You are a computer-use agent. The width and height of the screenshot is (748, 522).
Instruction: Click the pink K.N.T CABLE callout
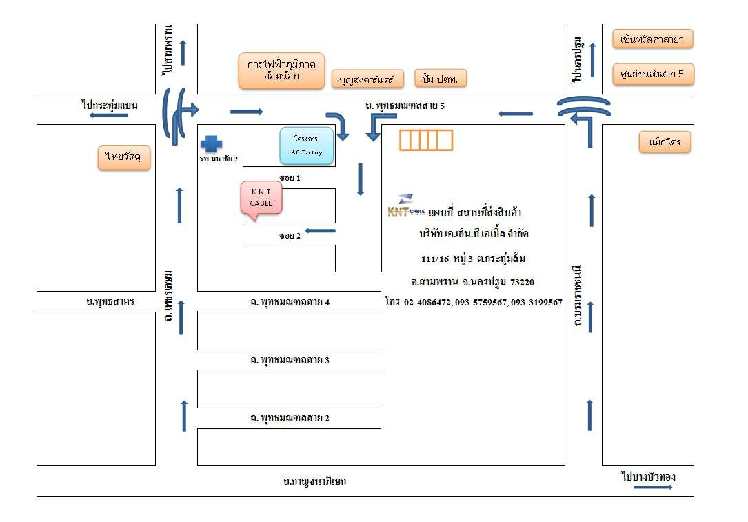[261, 198]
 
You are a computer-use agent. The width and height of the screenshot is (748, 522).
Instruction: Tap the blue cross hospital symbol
[211, 143]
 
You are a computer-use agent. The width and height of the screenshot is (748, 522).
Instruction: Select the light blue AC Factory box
[306, 145]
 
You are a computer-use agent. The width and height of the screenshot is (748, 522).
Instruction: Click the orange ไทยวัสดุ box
[124, 157]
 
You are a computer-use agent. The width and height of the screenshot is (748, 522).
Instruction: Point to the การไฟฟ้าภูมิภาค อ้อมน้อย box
[281, 70]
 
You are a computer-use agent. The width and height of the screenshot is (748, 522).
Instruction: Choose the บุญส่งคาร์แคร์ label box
[367, 79]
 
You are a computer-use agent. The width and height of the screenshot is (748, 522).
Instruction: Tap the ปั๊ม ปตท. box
[441, 78]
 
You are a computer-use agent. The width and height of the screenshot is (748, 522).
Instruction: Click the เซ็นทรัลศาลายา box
[652, 39]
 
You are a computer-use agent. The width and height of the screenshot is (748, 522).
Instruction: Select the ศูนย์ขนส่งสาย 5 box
[653, 74]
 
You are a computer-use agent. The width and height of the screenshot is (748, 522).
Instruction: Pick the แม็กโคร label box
[665, 143]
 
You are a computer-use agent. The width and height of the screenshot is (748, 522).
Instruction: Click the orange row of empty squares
[426, 140]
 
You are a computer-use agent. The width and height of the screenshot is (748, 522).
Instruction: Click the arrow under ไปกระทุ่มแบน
[109, 115]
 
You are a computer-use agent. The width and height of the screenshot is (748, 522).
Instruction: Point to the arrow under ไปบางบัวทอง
[652, 488]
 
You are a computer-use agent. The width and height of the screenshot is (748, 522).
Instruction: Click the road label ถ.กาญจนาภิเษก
[314, 481]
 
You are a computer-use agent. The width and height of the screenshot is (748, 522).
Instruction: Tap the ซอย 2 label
[290, 236]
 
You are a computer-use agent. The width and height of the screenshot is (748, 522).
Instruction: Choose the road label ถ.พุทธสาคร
[110, 301]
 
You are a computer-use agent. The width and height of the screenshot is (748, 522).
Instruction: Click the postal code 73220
[522, 282]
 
